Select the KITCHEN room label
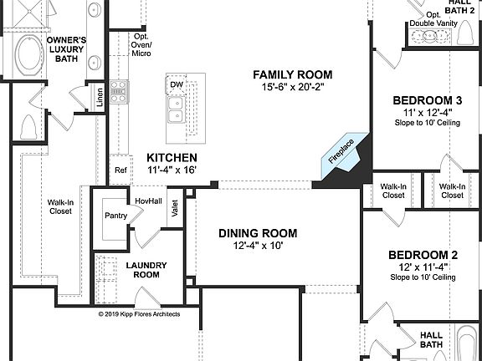click(172, 157)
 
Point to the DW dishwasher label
click(177, 85)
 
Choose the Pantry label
click(115, 216)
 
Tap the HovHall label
click(148, 201)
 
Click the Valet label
click(175, 209)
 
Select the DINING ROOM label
click(258, 233)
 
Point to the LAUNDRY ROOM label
click(146, 270)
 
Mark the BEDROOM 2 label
click(423, 255)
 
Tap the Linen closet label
click(99, 99)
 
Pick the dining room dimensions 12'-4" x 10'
click(258, 247)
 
